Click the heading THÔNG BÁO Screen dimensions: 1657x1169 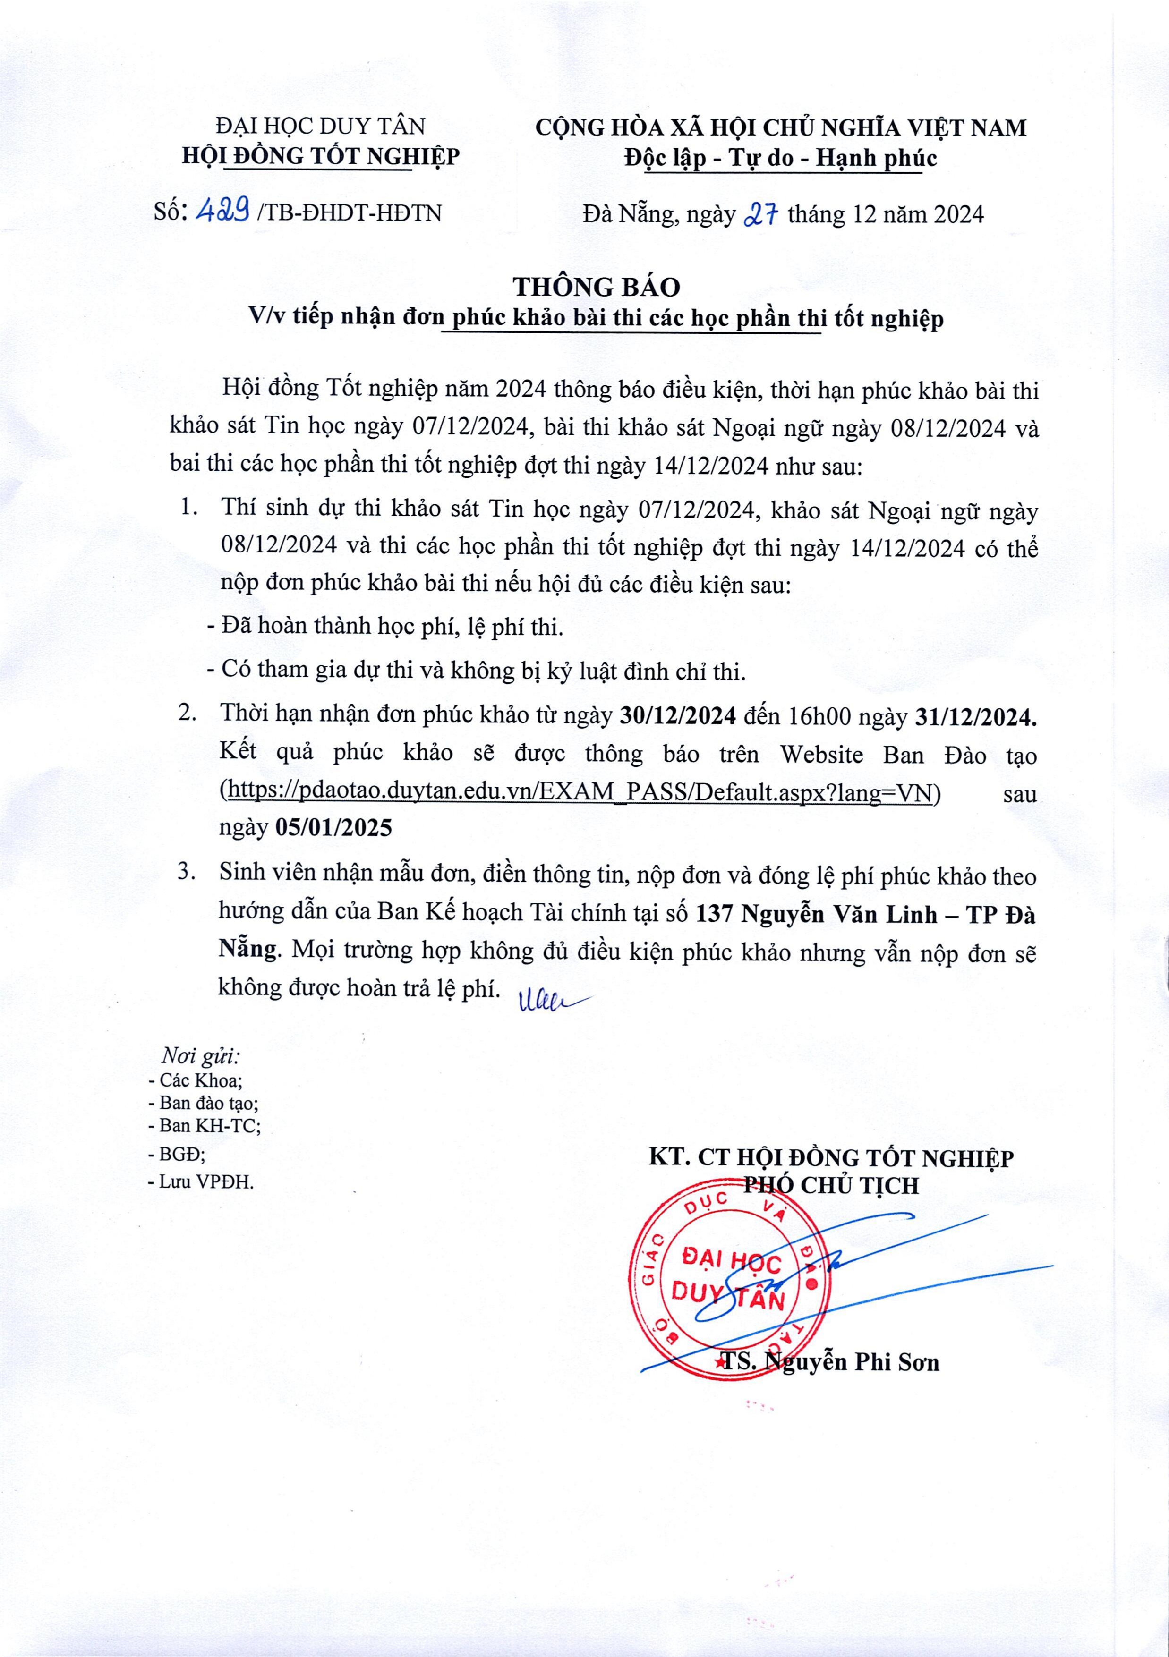pos(597,287)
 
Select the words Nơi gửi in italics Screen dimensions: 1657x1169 pos(201,1056)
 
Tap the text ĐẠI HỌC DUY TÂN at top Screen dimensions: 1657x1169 pos(321,126)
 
